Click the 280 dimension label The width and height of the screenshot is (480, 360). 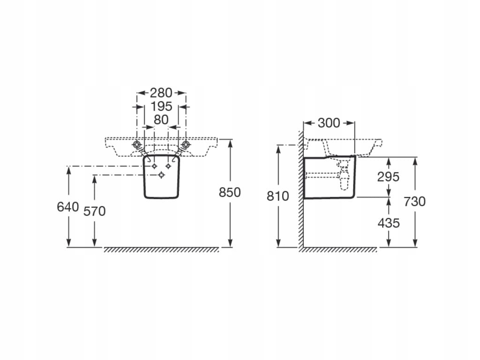coord(161,93)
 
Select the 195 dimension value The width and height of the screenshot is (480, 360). coord(161,106)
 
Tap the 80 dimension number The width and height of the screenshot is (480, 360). coord(161,120)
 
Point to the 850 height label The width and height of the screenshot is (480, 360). coord(230,192)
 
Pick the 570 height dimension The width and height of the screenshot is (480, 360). coord(95,211)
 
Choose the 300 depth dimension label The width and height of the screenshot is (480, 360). coord(329,123)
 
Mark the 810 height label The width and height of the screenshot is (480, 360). coord(278,196)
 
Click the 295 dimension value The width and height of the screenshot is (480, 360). coord(389,177)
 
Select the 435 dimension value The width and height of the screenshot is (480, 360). coord(389,223)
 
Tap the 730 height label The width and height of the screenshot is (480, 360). coord(415,201)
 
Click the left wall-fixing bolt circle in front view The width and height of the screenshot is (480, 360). coord(137,144)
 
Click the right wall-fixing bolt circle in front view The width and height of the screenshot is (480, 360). coord(185,144)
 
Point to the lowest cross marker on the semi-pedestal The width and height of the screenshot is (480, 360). coord(161,175)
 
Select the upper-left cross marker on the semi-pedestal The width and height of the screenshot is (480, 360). coord(154,166)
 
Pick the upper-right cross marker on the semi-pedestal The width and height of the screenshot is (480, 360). coord(168,166)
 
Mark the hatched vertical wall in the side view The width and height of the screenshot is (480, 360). coord(300,197)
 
